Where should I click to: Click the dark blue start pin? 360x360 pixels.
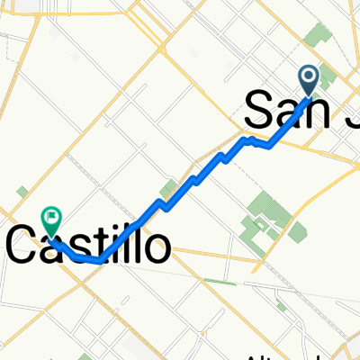[309, 79]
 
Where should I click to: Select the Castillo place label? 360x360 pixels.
[88, 245]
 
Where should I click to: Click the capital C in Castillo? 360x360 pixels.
[23, 245]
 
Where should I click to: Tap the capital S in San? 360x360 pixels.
[258, 111]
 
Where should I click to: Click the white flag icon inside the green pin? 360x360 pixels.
[52, 216]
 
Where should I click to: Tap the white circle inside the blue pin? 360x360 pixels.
[309, 76]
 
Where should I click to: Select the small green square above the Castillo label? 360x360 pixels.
[22, 191]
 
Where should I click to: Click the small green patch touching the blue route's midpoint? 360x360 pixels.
[166, 190]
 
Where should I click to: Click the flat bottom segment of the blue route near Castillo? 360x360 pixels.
[90, 260]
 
